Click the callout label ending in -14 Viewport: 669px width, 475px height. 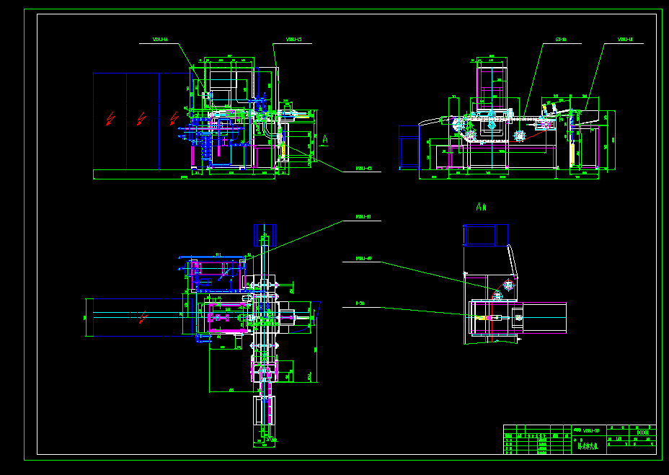pyautogui.click(x=160, y=40)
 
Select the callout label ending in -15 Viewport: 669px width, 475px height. pyautogui.click(x=293, y=40)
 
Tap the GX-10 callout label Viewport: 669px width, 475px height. pyautogui.click(x=561, y=40)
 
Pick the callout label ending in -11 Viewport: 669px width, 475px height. pyautogui.click(x=625, y=40)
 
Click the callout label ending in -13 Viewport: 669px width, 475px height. pyautogui.click(x=363, y=217)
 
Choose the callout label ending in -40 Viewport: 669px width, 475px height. pyautogui.click(x=363, y=259)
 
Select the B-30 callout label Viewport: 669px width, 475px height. pyautogui.click(x=360, y=304)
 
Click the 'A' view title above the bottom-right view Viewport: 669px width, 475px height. pyautogui.click(x=482, y=206)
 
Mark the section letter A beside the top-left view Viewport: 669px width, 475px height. pyautogui.click(x=326, y=138)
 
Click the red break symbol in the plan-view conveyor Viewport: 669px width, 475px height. pyautogui.click(x=142, y=316)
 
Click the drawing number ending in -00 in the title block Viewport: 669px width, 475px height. pyautogui.click(x=591, y=430)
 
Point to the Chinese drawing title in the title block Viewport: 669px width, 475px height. pyautogui.click(x=588, y=446)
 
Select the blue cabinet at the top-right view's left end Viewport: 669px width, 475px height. pyautogui.click(x=409, y=147)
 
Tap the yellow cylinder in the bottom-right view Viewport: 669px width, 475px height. pyautogui.click(x=497, y=316)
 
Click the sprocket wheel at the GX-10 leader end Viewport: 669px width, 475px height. pyautogui.click(x=519, y=135)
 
